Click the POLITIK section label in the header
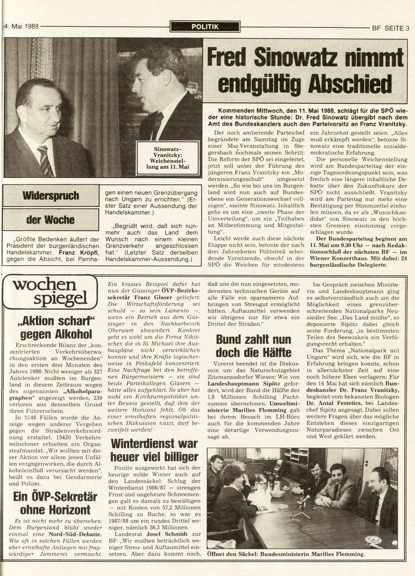click(x=205, y=27)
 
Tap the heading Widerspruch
click(x=50, y=196)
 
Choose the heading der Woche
click(x=50, y=220)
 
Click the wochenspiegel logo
click(x=49, y=291)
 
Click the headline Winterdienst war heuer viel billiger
click(x=154, y=450)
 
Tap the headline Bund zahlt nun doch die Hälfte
click(x=254, y=346)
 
